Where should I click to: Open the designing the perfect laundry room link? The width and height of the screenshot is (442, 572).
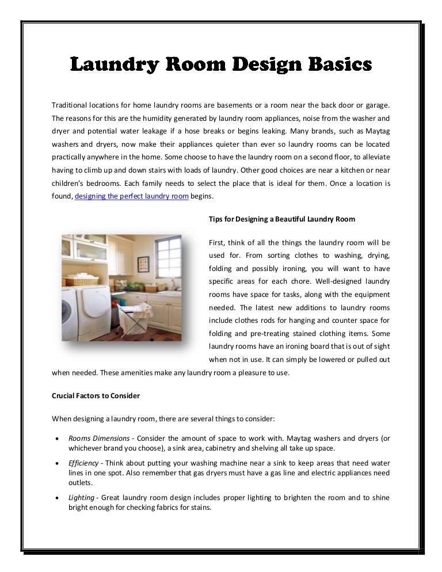[x=132, y=196]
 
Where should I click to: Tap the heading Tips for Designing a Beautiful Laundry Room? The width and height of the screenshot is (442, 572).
[x=282, y=219]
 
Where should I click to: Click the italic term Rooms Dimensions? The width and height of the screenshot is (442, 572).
[x=91, y=438]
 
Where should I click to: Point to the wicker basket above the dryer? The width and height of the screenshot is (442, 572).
[x=81, y=281]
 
